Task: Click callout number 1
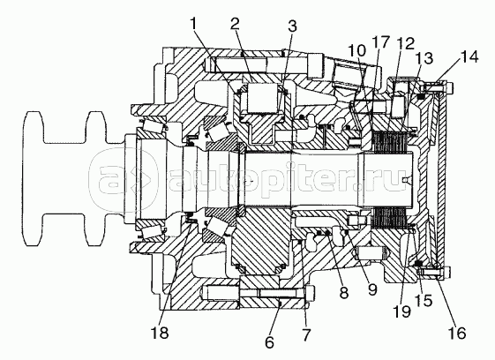[x=194, y=24]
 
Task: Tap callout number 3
[x=292, y=26]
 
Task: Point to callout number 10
[x=356, y=50]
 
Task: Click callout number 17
[x=380, y=41]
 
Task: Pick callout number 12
[x=405, y=43]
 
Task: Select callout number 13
[x=424, y=58]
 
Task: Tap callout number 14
[x=469, y=57]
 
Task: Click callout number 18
[x=160, y=333]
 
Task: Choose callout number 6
[x=269, y=342]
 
